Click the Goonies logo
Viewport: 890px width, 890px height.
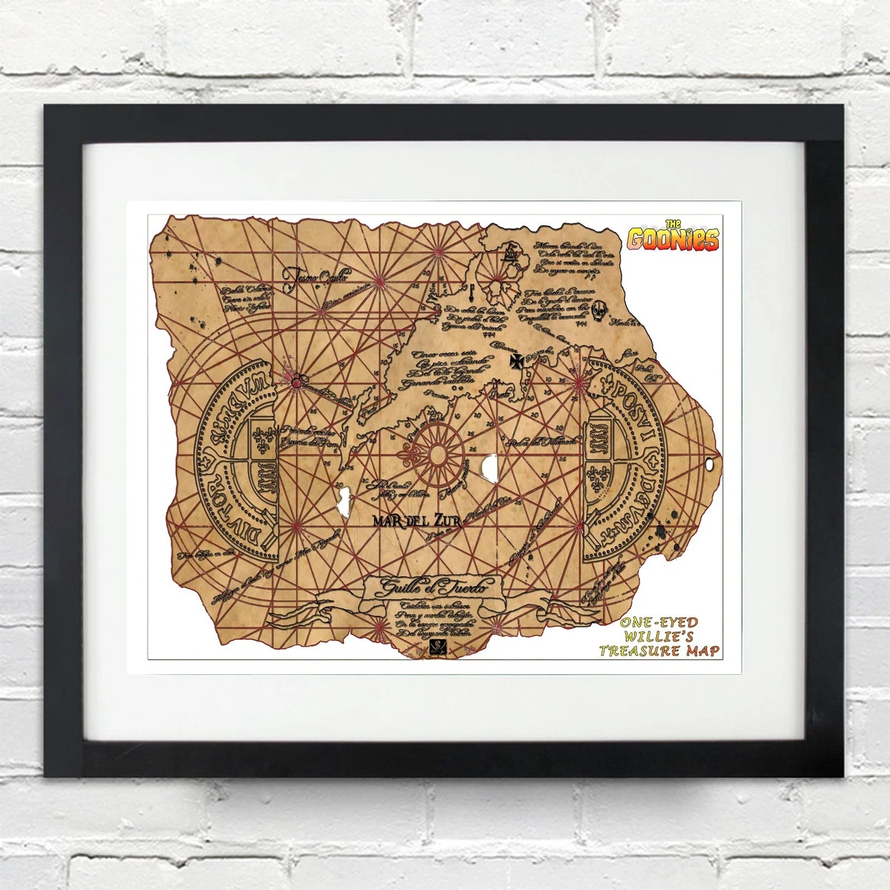[673, 238]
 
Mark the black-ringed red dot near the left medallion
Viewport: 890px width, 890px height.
[297, 383]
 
